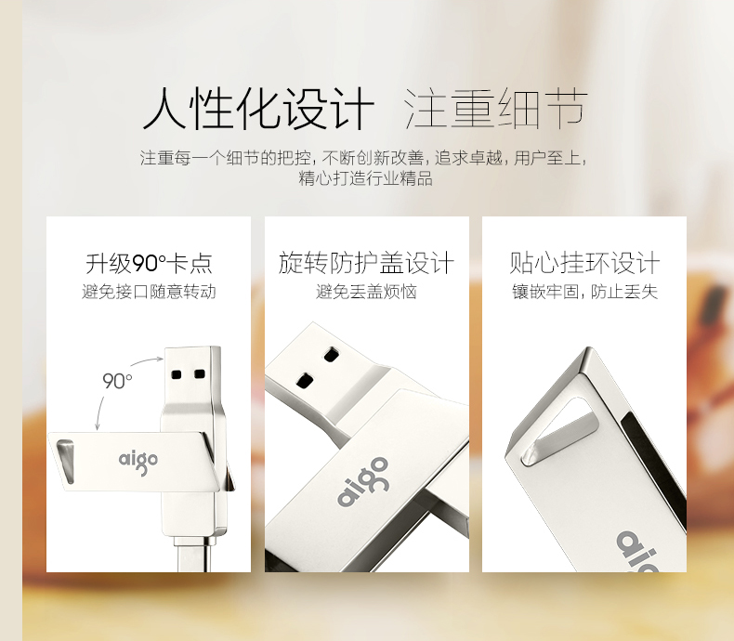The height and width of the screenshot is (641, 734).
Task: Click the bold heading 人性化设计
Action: [x=259, y=108]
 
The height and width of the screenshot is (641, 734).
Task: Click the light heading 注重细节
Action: [x=495, y=108]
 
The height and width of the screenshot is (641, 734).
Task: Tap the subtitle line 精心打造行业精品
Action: [x=365, y=178]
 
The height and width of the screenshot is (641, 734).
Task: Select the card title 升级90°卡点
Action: [x=149, y=263]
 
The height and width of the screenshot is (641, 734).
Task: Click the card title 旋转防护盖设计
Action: [x=366, y=263]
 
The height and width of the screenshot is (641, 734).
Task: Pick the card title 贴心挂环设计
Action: [x=584, y=263]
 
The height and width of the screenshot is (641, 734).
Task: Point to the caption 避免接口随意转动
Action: [x=149, y=292]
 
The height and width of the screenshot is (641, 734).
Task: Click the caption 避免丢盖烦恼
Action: [x=366, y=292]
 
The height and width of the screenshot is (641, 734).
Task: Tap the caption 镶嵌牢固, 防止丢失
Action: [x=584, y=292]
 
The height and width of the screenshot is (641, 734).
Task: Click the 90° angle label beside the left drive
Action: [x=117, y=381]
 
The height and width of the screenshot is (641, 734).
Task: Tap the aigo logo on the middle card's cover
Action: [x=363, y=481]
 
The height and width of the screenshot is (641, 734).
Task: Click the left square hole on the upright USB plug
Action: [x=177, y=374]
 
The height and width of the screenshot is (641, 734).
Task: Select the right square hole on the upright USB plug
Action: [x=200, y=373]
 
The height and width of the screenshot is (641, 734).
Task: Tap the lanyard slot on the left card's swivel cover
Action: [x=66, y=461]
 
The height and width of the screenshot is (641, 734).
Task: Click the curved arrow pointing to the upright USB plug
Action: [x=146, y=360]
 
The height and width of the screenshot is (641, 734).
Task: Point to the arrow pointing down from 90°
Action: [x=99, y=412]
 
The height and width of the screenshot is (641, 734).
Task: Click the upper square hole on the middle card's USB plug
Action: [x=331, y=355]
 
